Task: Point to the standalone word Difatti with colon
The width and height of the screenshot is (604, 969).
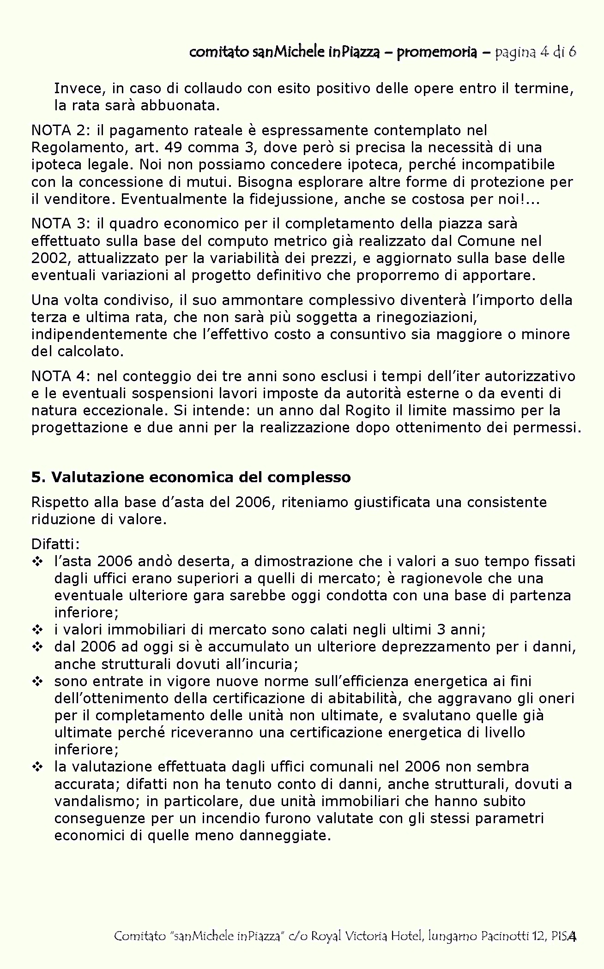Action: point(55,544)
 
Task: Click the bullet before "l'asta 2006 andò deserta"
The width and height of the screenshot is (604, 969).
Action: point(37,562)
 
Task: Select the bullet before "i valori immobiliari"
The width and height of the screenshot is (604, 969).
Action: point(37,630)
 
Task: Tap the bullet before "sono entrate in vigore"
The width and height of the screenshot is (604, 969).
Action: point(37,682)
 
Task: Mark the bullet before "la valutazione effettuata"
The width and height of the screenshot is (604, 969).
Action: point(37,767)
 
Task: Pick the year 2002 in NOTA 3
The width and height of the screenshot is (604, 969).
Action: point(50,258)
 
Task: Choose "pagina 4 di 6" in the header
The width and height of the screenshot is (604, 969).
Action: point(535,52)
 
